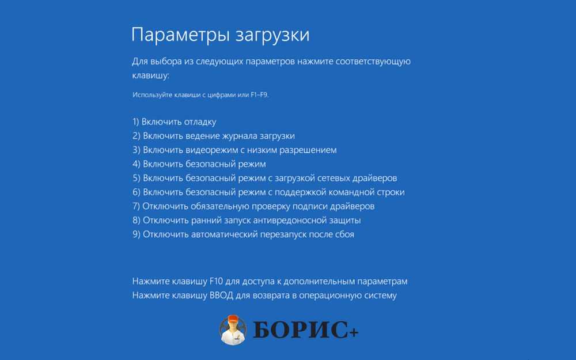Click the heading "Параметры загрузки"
point(221,36)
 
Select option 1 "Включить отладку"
point(174,122)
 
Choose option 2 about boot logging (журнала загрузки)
point(214,136)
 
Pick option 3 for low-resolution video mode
point(234,150)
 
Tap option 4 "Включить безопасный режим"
point(199,164)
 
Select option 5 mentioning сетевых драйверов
point(264,178)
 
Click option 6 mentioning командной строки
point(268,192)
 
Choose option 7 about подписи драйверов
point(253,206)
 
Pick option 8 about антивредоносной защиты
point(247,221)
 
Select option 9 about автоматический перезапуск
point(243,234)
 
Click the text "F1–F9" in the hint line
point(260,95)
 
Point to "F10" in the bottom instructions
point(216,282)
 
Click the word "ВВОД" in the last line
point(221,295)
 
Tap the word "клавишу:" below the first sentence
point(150,75)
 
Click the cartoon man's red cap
point(232,320)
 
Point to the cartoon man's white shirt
point(233,336)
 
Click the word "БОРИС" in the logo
point(301,329)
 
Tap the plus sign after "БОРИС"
point(354,333)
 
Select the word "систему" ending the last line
point(380,295)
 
